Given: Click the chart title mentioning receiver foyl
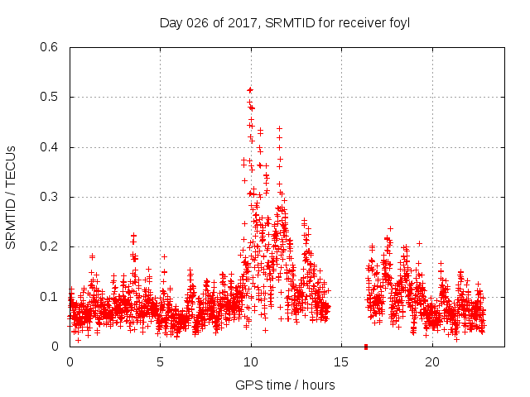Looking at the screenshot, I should pos(285,22).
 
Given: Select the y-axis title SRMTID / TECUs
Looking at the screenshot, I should pos(11,197).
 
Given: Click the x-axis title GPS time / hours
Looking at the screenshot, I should pos(285,385).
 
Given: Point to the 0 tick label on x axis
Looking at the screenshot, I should pos(70,361).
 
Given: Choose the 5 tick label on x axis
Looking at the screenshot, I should pos(161,361).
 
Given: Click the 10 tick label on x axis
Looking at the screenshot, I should pos(251,361).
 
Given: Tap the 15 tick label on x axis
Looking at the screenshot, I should pos(341,361).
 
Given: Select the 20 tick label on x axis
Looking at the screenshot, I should pos(432,361).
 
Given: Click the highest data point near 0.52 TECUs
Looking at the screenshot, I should pos(250,89).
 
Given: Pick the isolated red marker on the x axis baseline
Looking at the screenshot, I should pos(365,347).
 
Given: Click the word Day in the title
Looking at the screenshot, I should pos(170,22).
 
